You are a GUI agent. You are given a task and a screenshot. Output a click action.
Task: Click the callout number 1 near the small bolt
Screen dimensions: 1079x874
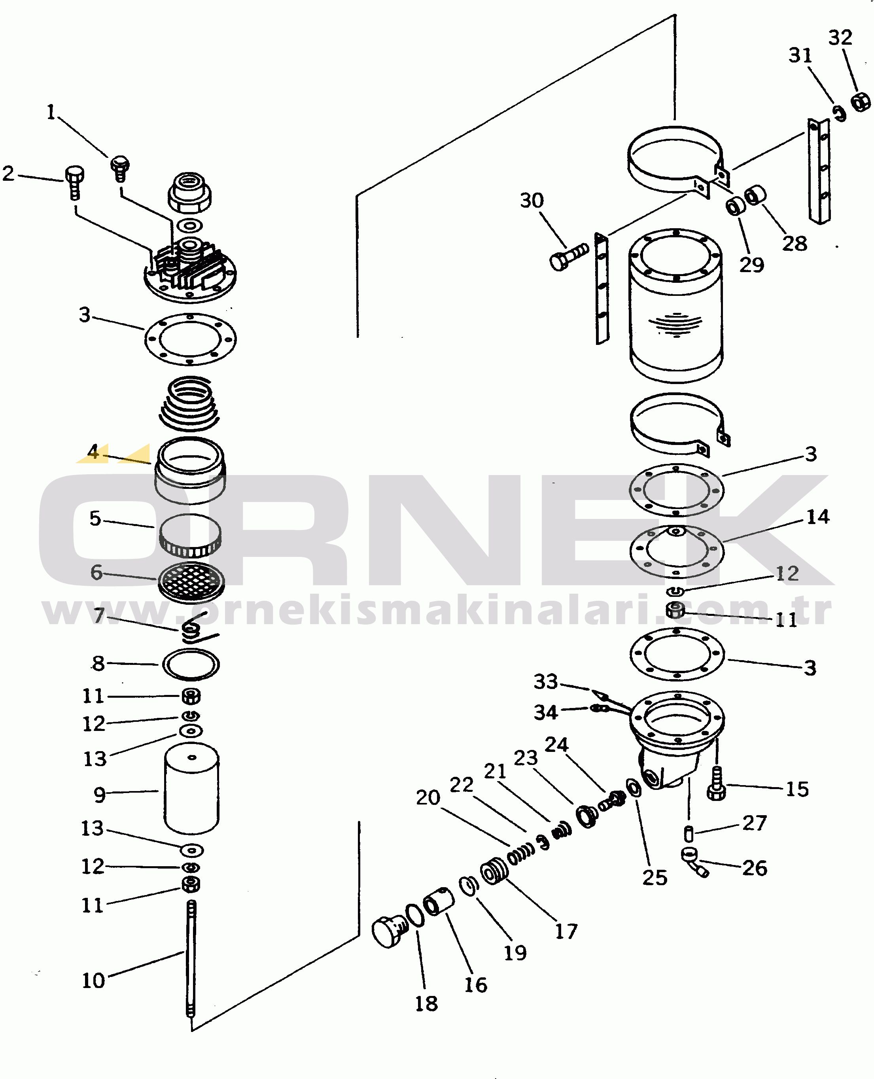click(51, 112)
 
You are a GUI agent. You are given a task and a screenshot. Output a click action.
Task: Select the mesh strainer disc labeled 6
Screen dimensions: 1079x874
click(191, 581)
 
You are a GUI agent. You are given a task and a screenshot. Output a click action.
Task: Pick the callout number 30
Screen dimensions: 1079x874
click(532, 201)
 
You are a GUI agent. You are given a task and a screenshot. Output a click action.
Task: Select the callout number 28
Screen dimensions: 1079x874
click(795, 244)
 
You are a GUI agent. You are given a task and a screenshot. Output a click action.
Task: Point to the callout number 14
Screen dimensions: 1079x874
click(817, 517)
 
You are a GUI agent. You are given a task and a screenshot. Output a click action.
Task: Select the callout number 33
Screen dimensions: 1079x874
click(546, 682)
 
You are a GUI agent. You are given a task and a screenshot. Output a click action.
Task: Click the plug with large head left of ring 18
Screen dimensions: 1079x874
click(388, 931)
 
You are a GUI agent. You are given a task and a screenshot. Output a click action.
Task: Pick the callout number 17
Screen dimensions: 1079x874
click(566, 931)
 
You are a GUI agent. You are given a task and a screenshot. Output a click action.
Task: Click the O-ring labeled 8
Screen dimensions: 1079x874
click(191, 664)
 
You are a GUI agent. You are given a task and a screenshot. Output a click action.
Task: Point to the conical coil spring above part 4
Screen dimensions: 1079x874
click(189, 403)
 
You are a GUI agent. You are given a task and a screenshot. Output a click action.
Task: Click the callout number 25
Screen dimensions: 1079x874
click(655, 878)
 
